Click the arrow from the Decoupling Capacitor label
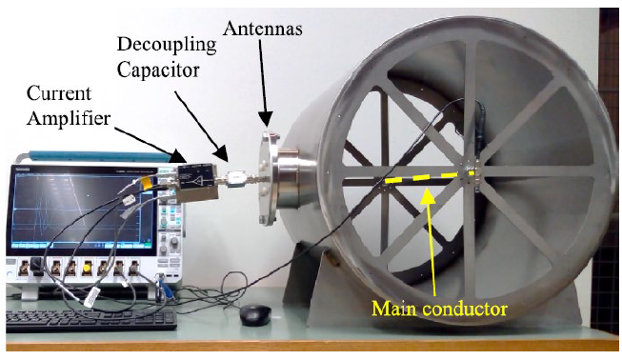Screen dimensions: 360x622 pos(203,123)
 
